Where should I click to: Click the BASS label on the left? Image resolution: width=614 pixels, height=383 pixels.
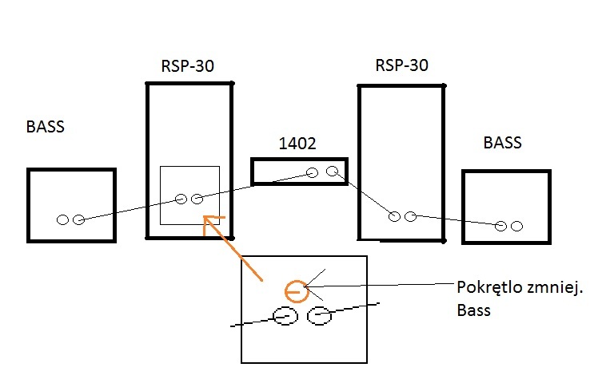(x=45, y=126)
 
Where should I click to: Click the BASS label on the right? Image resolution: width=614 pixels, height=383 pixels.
(x=502, y=143)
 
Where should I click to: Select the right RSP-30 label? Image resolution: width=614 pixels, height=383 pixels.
(x=401, y=65)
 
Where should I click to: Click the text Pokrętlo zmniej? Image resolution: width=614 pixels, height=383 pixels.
(x=520, y=288)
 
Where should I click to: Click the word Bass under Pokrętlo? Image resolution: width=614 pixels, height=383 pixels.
(x=472, y=310)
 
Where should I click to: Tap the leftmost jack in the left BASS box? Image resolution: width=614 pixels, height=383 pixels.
(x=62, y=219)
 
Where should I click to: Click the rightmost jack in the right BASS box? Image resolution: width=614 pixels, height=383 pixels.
(x=516, y=227)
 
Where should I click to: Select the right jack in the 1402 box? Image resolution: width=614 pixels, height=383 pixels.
(x=332, y=171)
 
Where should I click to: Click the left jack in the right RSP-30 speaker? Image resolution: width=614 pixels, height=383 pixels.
(x=393, y=215)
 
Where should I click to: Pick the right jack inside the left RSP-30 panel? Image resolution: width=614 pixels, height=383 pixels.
(x=197, y=199)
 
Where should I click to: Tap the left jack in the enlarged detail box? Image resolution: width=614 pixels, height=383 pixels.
(x=285, y=317)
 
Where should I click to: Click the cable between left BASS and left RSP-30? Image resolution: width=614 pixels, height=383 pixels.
(x=128, y=210)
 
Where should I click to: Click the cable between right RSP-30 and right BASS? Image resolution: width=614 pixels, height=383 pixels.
(x=456, y=220)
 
